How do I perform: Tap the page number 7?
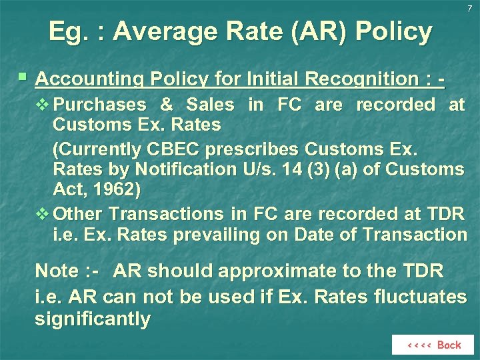tap(469, 8)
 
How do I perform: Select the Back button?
tap(434, 345)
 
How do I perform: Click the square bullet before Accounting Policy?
tap(23, 77)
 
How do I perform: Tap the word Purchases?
tap(99, 105)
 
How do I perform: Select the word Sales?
tap(210, 105)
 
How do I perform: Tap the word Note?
tap(57, 271)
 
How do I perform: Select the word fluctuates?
tap(425, 295)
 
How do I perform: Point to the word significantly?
tap(92, 319)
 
